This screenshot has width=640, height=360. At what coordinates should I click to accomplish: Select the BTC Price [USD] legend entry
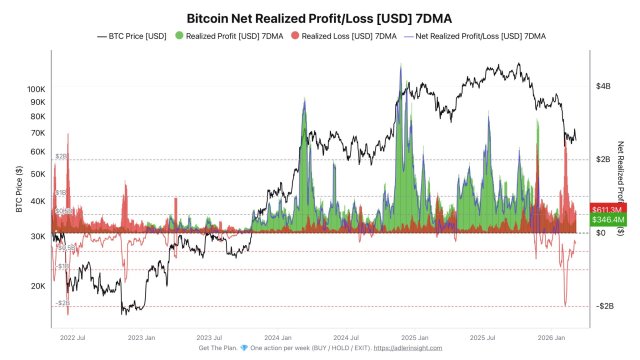click(133, 36)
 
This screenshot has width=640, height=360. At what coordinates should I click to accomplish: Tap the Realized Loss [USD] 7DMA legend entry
click(336, 36)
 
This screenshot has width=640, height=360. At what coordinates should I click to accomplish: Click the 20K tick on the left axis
click(38, 286)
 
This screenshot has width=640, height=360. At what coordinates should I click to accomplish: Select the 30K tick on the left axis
click(38, 236)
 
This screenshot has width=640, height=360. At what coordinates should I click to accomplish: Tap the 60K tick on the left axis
click(38, 151)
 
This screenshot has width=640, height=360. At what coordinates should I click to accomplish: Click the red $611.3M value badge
click(607, 208)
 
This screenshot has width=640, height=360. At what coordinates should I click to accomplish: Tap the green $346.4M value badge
click(607, 219)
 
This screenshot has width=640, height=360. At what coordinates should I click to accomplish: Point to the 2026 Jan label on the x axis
click(552, 338)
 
